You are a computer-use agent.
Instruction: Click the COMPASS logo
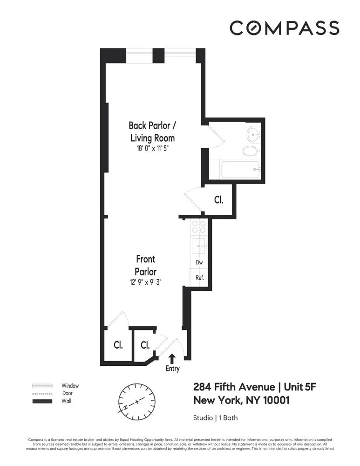coord(284,28)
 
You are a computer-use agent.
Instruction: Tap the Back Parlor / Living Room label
coord(152,131)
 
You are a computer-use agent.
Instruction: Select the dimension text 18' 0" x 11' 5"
coord(152,149)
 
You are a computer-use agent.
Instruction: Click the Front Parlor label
coord(145,265)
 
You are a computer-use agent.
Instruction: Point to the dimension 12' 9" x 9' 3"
coord(145,281)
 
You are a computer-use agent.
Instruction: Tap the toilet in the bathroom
coord(250,151)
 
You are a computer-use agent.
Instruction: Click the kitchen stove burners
coord(199,227)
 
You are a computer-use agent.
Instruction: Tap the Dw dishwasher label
coord(199,262)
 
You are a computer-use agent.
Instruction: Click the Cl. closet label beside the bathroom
coord(218,200)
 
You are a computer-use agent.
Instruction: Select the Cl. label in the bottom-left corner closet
coord(118,345)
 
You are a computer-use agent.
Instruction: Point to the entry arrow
coord(172,358)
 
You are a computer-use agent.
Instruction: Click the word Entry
coord(172,369)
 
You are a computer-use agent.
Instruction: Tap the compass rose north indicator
coord(136,401)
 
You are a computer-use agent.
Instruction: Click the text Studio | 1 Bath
coord(215,418)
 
